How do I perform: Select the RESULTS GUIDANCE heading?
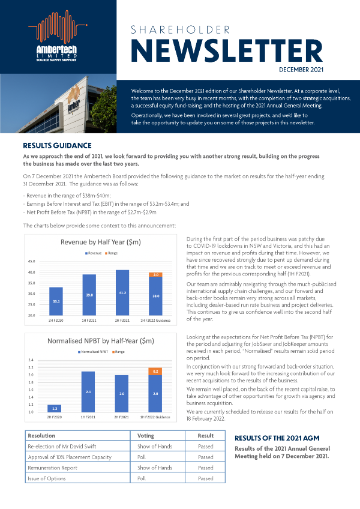[57, 145]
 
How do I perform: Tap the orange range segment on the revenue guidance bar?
[155, 274]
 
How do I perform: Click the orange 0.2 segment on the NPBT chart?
[155, 372]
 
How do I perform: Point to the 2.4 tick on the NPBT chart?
[33, 360]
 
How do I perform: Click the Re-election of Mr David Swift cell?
[63, 446]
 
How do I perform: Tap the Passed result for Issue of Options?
[205, 478]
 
